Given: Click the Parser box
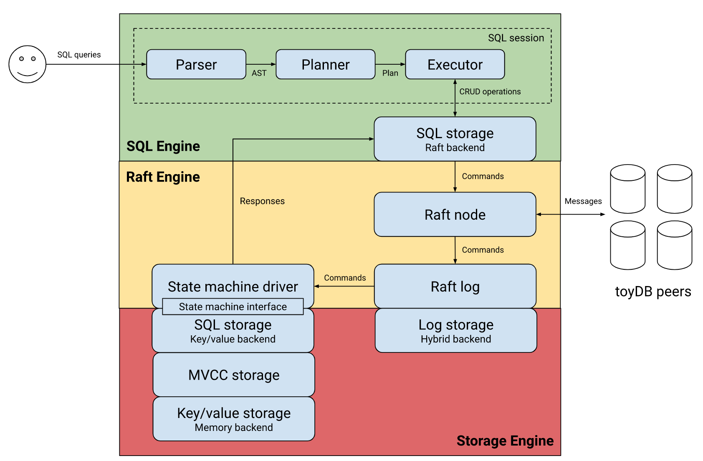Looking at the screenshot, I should point(196,64).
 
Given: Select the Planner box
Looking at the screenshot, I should point(326,64).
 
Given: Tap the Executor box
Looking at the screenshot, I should point(455,64).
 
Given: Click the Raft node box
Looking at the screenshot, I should point(455,214).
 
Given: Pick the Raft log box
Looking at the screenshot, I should point(455,286).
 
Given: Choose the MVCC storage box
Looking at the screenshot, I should point(234,375).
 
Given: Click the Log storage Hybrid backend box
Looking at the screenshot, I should point(456,331).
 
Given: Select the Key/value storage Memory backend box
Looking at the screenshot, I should point(234,419).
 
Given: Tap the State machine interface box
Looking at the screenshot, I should point(233,306).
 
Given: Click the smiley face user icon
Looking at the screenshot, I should point(28,64).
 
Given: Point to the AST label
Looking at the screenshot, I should point(259,73).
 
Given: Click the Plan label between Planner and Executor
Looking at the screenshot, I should point(390,73).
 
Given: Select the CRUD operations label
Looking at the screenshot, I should point(490,91).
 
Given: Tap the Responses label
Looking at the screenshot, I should point(262,201).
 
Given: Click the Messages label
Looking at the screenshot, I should point(583,201).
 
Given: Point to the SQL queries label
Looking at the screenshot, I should point(79,55).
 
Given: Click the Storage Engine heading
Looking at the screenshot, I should point(505,441).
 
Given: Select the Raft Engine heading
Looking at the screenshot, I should point(163,177).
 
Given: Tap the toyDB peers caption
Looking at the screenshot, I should point(653,291).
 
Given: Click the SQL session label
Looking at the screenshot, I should point(516,38).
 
